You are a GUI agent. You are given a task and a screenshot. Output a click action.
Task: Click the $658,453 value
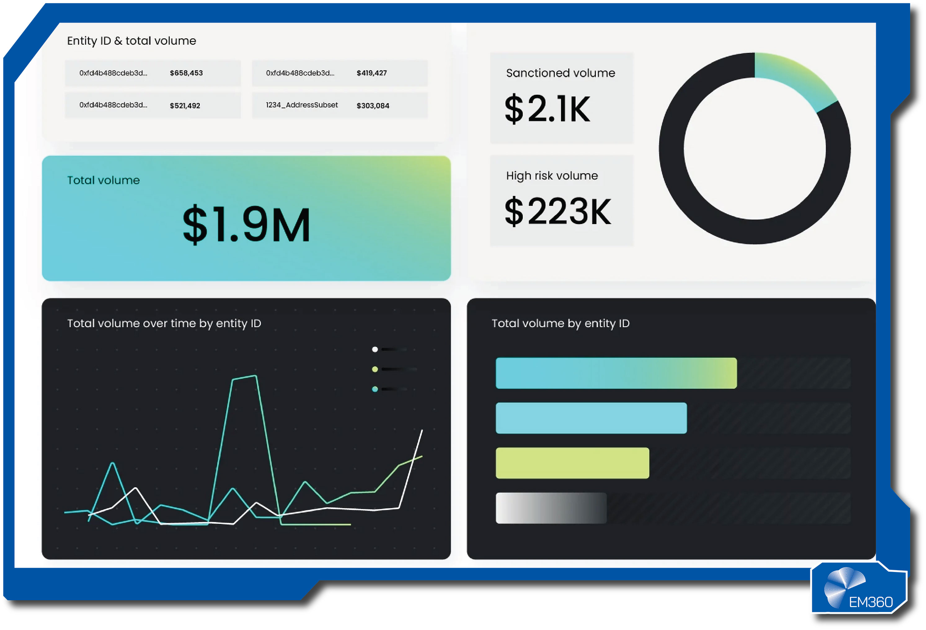click(186, 73)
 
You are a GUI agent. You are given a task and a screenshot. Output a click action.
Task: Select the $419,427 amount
click(371, 73)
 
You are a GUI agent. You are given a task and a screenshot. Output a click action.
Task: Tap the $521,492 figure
click(185, 106)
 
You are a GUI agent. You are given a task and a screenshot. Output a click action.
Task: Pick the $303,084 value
click(373, 106)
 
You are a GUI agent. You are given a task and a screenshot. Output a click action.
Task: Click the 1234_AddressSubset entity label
click(302, 105)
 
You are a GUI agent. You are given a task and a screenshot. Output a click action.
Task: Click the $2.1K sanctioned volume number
click(547, 109)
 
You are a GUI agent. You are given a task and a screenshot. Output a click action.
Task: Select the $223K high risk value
click(557, 211)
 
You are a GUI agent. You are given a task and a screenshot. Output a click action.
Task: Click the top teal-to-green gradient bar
click(616, 373)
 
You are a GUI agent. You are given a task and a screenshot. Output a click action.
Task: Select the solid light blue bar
click(591, 418)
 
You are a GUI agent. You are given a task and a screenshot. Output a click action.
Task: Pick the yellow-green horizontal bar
click(572, 463)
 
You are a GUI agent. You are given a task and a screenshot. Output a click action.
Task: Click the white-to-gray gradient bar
click(551, 508)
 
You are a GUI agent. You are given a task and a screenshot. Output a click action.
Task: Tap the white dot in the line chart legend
click(374, 350)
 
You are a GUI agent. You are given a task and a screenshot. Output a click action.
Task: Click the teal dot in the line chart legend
click(374, 389)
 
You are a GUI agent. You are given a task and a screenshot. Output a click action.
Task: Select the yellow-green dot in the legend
click(374, 369)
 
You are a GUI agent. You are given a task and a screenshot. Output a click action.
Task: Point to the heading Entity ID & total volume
click(131, 41)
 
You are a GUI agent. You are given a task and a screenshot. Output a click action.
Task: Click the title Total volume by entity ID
click(560, 323)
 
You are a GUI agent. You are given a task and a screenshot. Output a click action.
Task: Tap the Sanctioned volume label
click(560, 73)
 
